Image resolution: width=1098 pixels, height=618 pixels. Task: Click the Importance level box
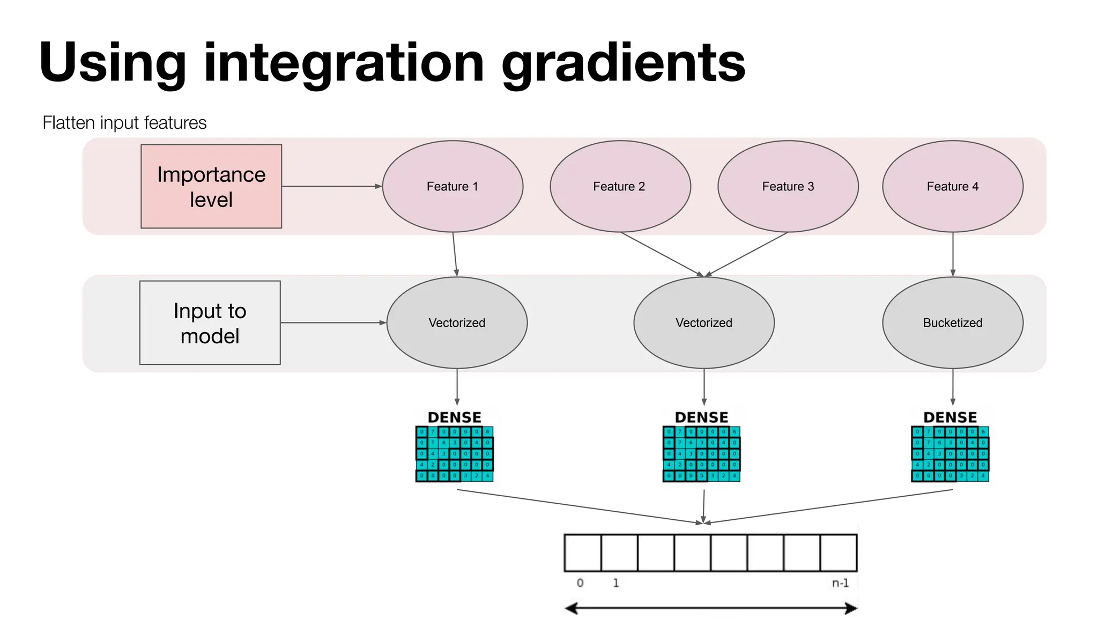(211, 186)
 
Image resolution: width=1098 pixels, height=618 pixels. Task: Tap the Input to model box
(210, 322)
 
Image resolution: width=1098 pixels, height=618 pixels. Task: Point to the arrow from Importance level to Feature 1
(331, 186)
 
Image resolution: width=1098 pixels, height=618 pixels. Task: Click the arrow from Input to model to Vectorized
(332, 322)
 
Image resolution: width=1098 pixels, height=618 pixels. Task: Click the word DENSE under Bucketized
(950, 417)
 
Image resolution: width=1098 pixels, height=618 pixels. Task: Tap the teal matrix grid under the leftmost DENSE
(454, 454)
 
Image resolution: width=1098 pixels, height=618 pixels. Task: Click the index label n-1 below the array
(840, 583)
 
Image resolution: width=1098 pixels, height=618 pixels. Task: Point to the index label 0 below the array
(580, 583)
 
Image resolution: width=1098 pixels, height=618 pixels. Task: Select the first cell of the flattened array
(583, 553)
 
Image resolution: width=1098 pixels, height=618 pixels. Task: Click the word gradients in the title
(623, 63)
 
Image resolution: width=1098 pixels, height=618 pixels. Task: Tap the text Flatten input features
(124, 123)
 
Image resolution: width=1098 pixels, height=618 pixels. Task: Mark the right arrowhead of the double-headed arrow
(851, 608)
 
